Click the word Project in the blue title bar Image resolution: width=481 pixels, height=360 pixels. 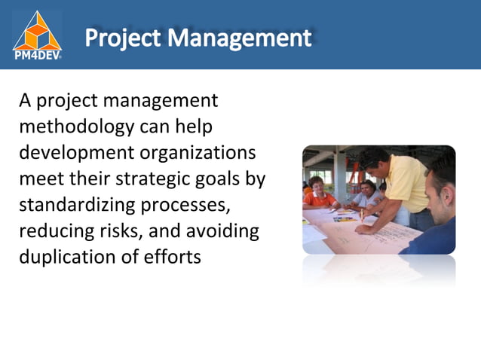tap(124, 37)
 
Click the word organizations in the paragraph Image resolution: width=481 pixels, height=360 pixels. tap(198, 152)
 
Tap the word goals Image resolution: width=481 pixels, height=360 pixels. tap(223, 178)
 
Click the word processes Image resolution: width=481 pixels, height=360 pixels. tap(193, 205)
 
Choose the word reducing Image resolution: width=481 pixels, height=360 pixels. tap(60, 230)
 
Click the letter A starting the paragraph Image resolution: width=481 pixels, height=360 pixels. tap(26, 100)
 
